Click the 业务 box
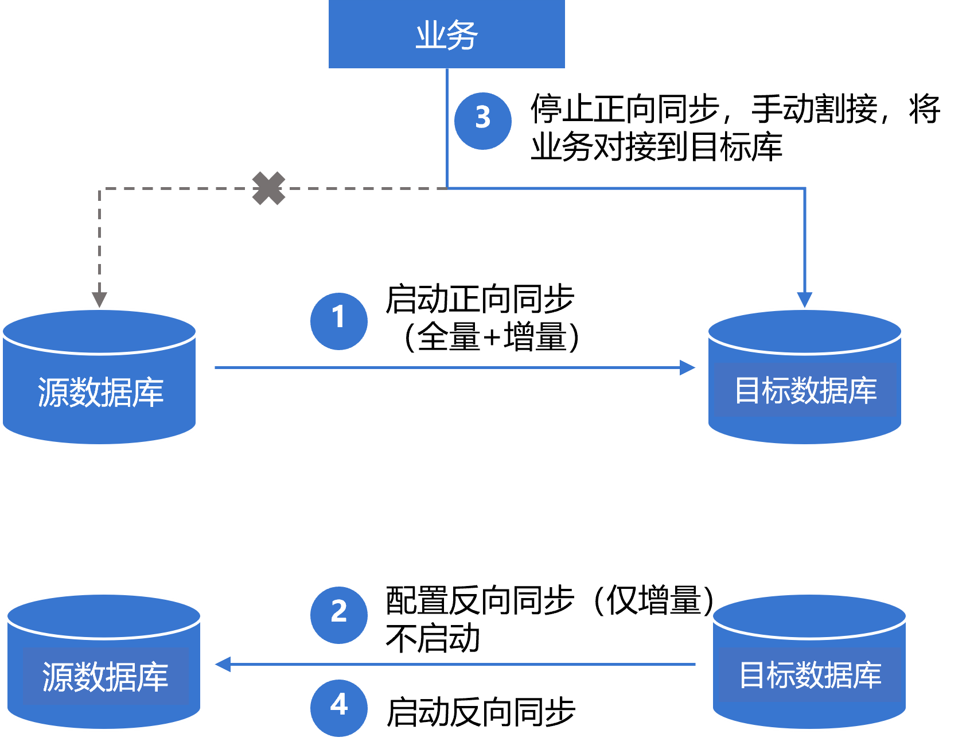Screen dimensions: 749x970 pos(446,34)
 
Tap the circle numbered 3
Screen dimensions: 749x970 pos(482,121)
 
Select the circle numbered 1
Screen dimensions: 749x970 pos(338,321)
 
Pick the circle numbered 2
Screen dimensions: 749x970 pos(338,615)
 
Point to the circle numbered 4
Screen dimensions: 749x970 pos(338,708)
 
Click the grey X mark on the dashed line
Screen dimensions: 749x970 pos(268,188)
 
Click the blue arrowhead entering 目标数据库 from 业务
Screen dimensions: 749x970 pos(805,300)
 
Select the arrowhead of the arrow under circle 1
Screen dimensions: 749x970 pos(687,367)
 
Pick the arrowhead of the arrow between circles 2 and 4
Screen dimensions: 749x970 pos(223,664)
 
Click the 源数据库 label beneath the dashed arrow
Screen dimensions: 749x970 pos(100,393)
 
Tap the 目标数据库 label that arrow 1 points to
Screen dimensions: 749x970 pos(805,390)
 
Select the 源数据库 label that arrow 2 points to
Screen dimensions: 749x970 pos(105,677)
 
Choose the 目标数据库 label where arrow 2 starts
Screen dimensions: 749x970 pos(810,675)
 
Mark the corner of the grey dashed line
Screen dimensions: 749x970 pos(100,189)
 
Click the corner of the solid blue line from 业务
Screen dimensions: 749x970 pos(805,188)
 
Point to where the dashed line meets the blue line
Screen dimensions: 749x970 pos(447,188)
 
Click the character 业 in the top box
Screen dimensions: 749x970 pos(430,35)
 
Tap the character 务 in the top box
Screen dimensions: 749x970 pos(462,35)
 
